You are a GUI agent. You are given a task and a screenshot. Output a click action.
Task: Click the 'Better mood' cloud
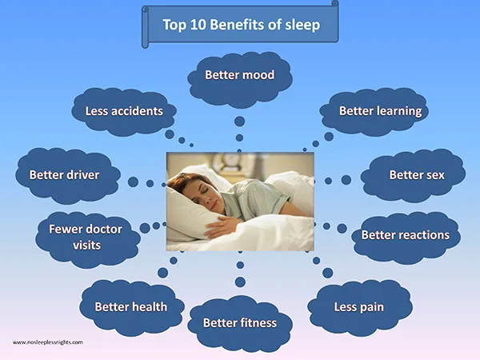240,79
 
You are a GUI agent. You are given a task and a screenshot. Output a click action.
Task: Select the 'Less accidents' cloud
124,112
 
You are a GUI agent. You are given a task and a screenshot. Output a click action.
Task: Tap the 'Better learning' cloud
374,112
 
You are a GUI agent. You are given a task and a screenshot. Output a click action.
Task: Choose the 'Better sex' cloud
413,175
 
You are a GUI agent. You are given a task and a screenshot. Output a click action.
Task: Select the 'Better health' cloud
132,308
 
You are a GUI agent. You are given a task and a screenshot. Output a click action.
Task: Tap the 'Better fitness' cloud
240,324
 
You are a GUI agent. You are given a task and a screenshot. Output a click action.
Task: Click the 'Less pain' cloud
360,308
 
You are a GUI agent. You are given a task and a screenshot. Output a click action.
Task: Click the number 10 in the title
198,25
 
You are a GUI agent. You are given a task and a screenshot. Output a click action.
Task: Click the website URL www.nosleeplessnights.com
48,342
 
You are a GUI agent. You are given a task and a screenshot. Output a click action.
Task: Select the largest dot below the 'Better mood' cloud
240,122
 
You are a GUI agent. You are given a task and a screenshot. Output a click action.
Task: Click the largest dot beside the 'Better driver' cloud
133,182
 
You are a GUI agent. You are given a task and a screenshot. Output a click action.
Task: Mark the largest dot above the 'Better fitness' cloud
240,282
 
